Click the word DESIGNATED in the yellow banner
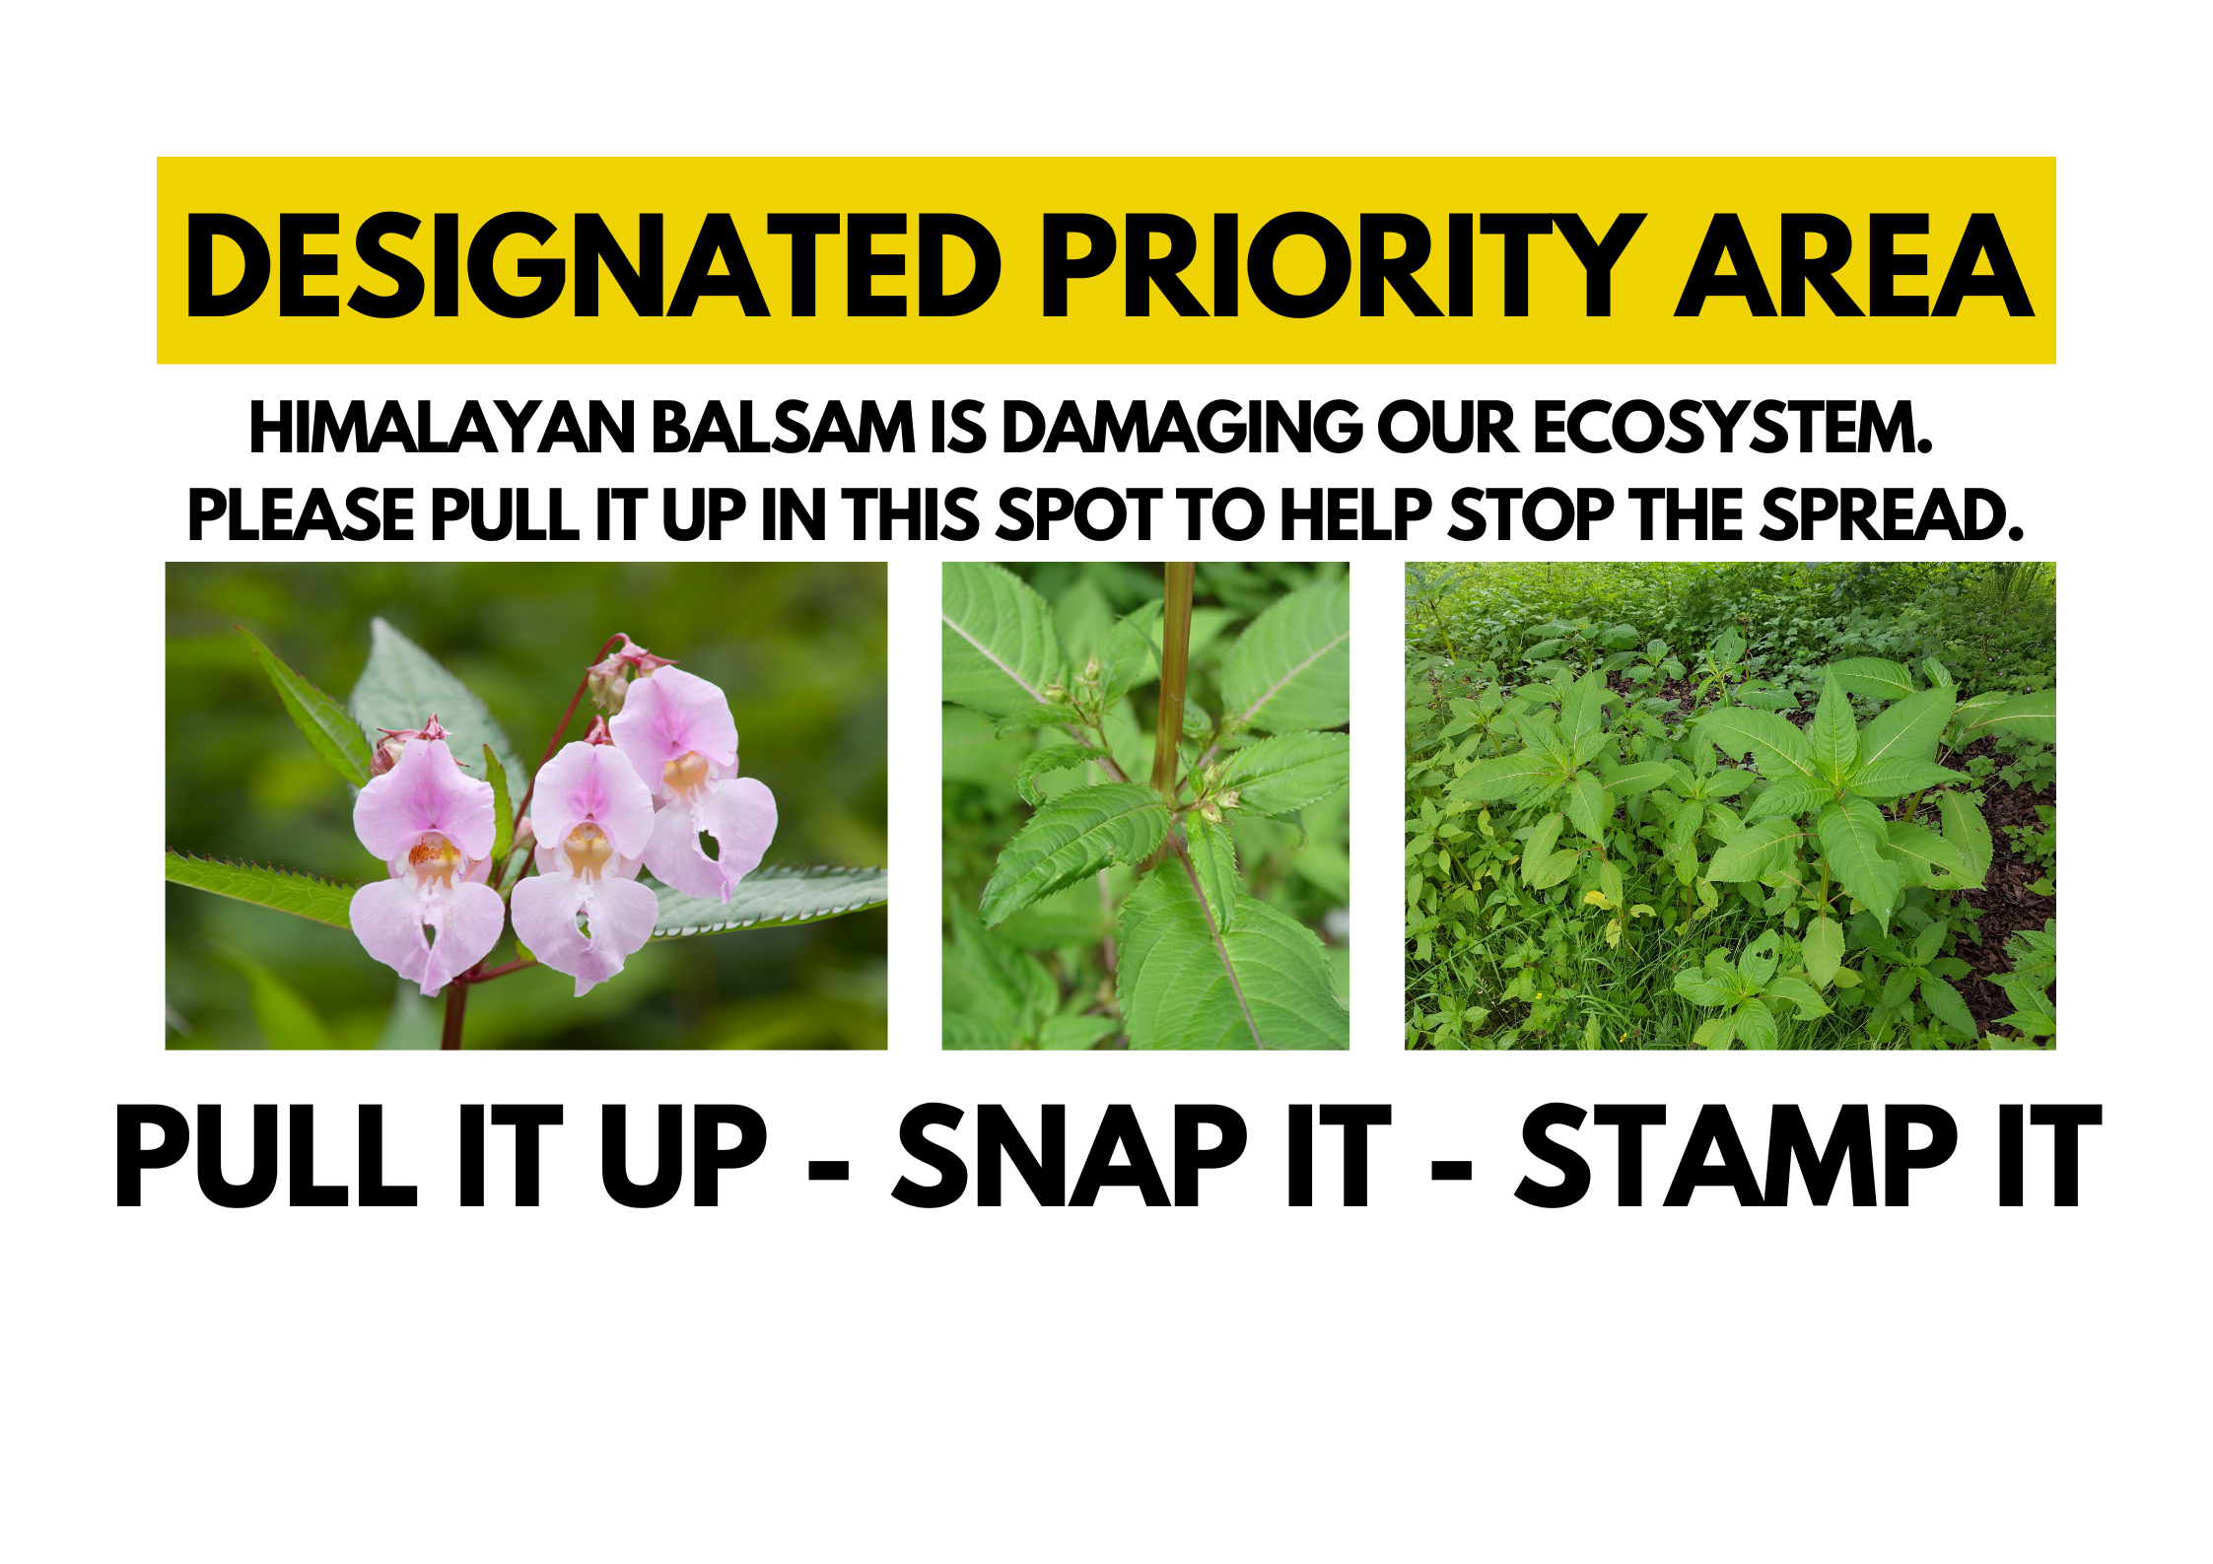pyautogui.click(x=593, y=265)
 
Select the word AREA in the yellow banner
pyautogui.click(x=1853, y=265)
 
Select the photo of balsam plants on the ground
pyautogui.click(x=1730, y=805)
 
